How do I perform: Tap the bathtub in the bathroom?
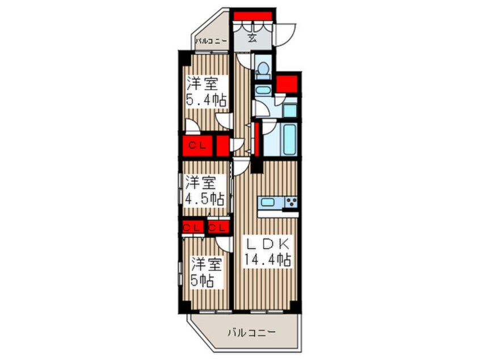290,139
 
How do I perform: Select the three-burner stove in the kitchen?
291,202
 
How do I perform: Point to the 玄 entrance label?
252,39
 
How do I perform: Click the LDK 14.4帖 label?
267,252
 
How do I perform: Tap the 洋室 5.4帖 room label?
207,91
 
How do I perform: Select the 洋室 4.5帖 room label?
204,191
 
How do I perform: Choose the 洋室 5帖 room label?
205,272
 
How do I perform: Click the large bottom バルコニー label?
252,332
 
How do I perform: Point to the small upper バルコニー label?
212,40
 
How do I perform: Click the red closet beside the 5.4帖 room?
197,145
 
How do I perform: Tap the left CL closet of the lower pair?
193,227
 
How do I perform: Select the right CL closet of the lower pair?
218,227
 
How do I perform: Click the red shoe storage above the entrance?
252,16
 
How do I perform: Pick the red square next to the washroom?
287,84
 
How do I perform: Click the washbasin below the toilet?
263,90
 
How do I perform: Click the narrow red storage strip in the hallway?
257,139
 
